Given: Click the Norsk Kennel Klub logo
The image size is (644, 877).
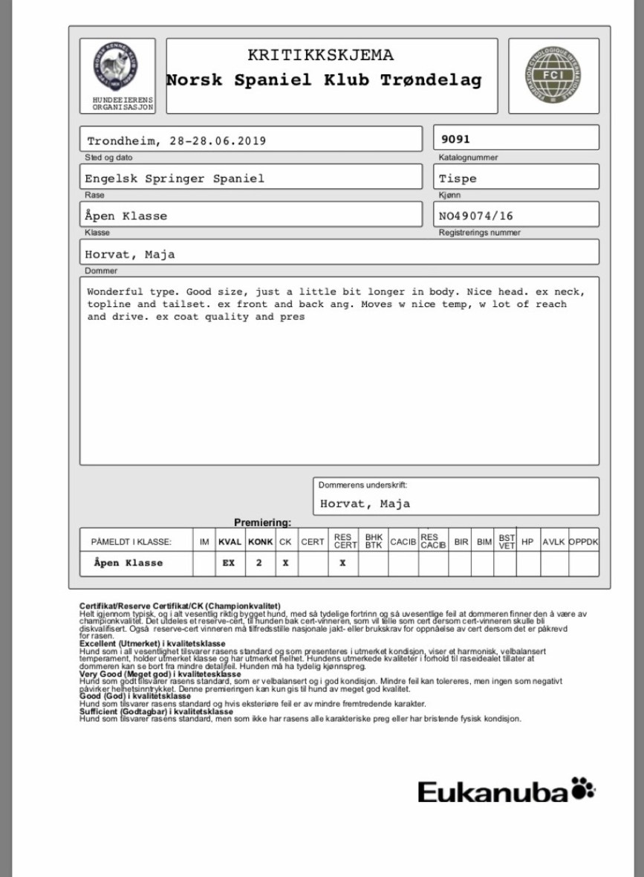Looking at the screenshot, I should [x=112, y=68].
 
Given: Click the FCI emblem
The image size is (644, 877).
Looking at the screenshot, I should [x=553, y=75].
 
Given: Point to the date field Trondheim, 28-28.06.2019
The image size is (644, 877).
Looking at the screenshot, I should [x=176, y=140].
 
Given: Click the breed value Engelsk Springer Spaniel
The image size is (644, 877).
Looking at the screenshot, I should [x=175, y=178].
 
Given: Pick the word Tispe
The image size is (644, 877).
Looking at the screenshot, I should [x=458, y=178].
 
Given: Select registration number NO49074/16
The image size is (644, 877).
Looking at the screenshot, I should [x=476, y=216].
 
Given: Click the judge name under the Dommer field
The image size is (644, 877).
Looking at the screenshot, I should [x=129, y=253].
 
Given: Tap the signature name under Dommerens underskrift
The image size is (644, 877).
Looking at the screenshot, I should [x=365, y=503].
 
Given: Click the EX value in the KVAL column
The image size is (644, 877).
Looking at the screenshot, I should [x=229, y=563].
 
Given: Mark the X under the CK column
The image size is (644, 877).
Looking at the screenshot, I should [x=285, y=563].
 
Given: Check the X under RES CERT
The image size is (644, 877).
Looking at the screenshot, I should [x=342, y=563].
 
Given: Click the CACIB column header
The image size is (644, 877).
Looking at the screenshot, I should [x=403, y=543].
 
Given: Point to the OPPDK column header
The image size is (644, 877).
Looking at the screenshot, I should [x=583, y=543].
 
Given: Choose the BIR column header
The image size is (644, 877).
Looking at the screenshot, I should [x=461, y=543].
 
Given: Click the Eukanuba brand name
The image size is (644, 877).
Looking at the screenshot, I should [x=493, y=792].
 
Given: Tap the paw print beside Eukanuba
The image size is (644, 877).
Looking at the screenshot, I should [x=584, y=789].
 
